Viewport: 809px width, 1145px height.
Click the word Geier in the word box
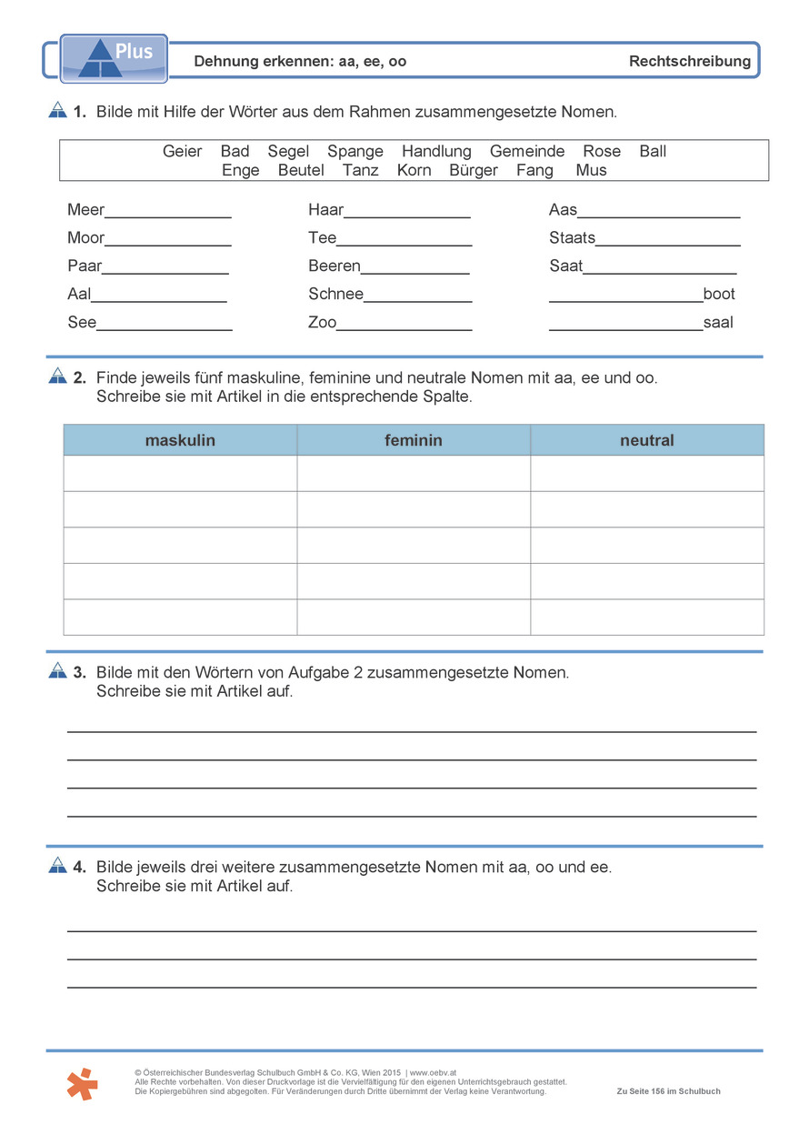click(182, 151)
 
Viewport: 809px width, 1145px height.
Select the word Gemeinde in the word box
click(527, 151)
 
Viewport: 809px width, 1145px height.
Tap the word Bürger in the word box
click(474, 170)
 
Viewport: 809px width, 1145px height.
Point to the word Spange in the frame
click(355, 151)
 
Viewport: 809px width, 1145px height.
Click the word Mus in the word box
click(591, 170)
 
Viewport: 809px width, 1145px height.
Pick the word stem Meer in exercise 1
click(85, 210)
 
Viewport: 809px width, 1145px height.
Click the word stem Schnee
click(335, 294)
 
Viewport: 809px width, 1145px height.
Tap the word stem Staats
click(572, 238)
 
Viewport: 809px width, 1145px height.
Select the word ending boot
click(719, 294)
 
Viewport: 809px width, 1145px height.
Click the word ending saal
click(718, 322)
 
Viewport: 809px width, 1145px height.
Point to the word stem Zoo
click(322, 322)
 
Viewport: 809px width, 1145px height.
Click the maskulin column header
click(180, 440)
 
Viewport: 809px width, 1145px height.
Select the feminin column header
click(414, 440)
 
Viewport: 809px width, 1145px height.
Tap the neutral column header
click(647, 440)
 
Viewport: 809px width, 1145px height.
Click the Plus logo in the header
click(114, 57)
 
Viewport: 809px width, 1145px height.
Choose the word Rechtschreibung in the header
click(690, 61)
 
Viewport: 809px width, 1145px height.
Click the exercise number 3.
click(79, 672)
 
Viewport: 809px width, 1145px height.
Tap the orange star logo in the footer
click(82, 1083)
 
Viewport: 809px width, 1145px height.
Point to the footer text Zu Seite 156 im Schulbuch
click(668, 1091)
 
